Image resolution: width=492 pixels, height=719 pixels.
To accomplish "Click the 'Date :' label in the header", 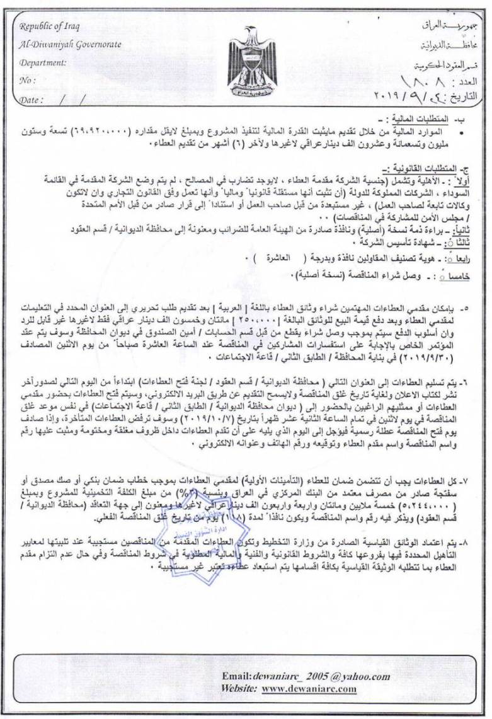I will coord(31,100).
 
